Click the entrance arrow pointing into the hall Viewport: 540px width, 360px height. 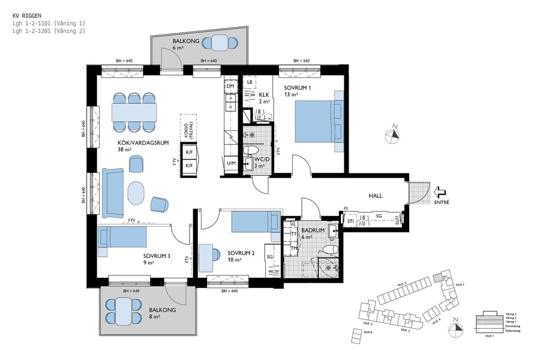[439, 192]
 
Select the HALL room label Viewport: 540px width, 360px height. [375, 196]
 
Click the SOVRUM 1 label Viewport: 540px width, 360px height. [298, 87]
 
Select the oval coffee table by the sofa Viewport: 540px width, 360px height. [136, 193]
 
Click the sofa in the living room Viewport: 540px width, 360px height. [113, 193]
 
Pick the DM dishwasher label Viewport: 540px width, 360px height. [230, 87]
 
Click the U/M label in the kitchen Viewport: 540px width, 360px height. [231, 163]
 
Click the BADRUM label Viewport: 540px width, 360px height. [313, 230]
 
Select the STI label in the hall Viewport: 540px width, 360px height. [350, 221]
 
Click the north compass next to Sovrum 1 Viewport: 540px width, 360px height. [394, 135]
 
